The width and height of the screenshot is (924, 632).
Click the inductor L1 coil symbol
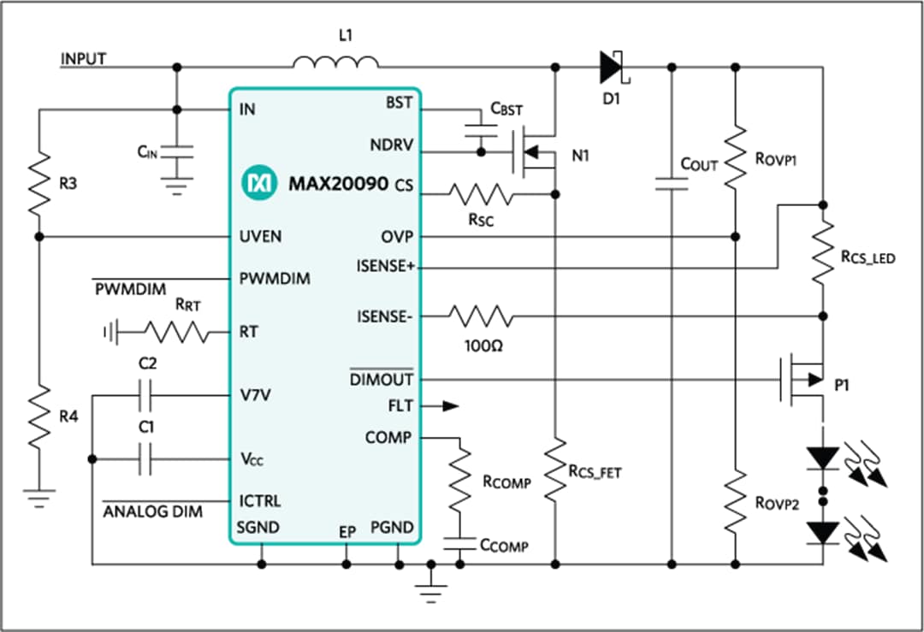coord(335,62)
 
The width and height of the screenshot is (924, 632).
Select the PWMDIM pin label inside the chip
coord(275,279)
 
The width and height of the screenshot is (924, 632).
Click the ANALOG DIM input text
coord(153,511)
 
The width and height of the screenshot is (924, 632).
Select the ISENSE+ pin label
coord(385,267)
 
